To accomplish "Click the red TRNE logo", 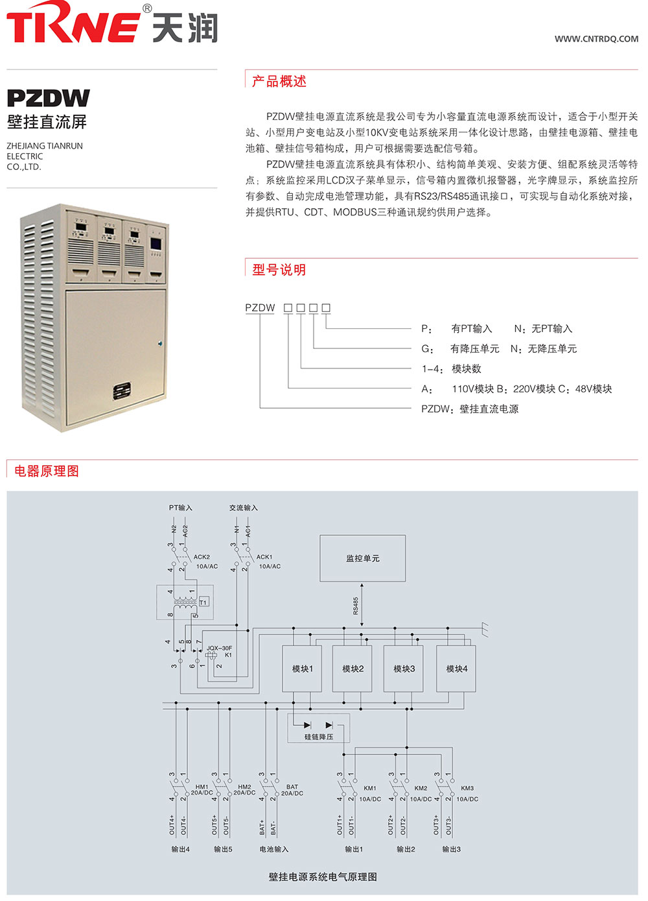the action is pos(73,22).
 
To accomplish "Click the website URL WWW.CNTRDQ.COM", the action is pos(596,39).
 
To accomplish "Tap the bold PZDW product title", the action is pos(48,98).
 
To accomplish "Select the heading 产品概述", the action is pos(279,81).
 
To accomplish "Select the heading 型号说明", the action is pos(279,269).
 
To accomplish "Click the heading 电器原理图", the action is pos(47,471).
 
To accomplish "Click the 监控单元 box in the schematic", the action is pos(362,559).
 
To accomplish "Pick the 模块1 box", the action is pos(302,669).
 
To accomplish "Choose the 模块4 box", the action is pos(456,669).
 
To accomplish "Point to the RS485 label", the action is pos(356,606).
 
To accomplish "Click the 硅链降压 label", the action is pos(319,737).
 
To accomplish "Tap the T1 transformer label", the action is pos(203,602).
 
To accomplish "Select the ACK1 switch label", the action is pos(264,557).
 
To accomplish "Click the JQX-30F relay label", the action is pos(219,648).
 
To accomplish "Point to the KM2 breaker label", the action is pos(421,788).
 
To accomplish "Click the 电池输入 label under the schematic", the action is pos(274,849).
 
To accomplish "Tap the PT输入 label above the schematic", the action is pos(180,508).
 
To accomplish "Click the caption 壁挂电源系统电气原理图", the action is pos(323,877).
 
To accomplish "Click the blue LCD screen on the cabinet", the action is pos(156,244).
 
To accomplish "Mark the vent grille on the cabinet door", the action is pos(122,390).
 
